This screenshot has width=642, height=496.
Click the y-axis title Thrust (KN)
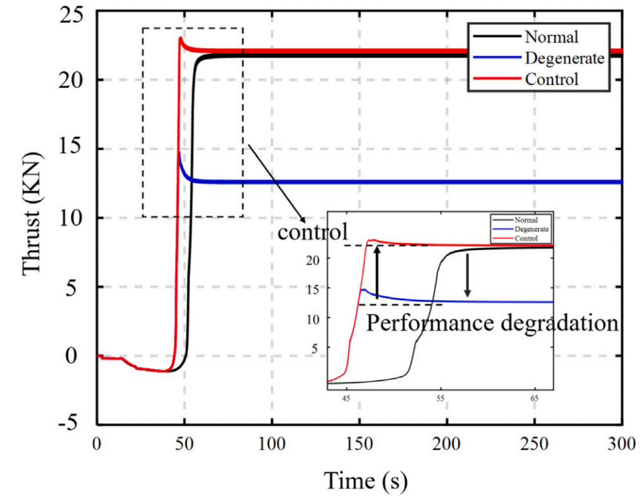[x=32, y=213]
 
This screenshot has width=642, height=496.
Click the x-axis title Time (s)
[x=366, y=480]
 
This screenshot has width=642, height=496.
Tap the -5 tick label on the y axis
[x=68, y=423]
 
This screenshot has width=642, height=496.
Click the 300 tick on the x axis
[x=622, y=444]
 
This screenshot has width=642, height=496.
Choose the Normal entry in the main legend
[x=552, y=37]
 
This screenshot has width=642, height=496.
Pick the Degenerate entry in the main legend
[x=565, y=58]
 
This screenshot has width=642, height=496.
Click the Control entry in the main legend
[x=552, y=79]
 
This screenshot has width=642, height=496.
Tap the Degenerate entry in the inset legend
[x=532, y=229]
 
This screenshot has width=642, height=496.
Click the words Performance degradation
[x=492, y=323]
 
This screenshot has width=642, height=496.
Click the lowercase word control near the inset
[x=313, y=231]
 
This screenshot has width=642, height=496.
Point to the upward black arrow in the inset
[x=377, y=271]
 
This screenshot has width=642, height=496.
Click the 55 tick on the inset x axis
[x=440, y=398]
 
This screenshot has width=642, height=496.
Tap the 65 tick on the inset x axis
[x=534, y=398]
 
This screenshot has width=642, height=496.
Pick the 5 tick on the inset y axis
[x=315, y=348]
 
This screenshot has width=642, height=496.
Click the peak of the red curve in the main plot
[x=181, y=38]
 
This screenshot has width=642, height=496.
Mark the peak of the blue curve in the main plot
[x=179, y=153]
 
